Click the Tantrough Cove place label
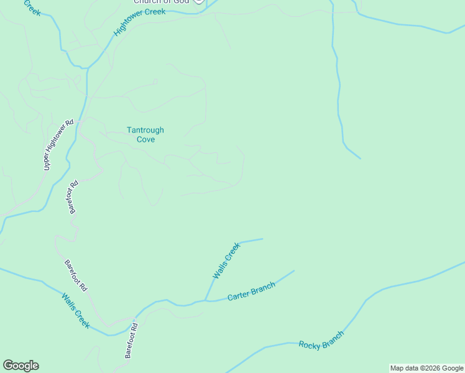click(145, 135)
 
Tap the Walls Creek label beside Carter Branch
click(226, 260)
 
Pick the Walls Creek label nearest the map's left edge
click(76, 311)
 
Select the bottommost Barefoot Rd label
click(130, 340)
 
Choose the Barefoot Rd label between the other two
click(76, 276)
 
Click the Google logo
click(21, 366)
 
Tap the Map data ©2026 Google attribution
click(426, 368)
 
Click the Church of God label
click(160, 2)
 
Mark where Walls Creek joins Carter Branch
click(206, 300)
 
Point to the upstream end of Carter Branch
click(293, 270)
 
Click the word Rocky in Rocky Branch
click(310, 344)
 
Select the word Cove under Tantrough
click(146, 140)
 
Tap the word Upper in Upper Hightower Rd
click(47, 162)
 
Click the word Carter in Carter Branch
click(238, 296)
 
